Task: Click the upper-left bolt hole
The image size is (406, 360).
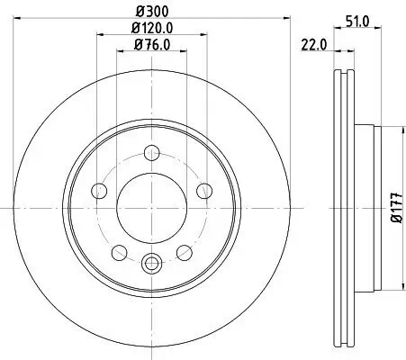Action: [x=100, y=189]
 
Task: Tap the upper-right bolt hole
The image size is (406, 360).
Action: [x=204, y=189]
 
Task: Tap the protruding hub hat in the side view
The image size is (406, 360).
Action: [x=365, y=206]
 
